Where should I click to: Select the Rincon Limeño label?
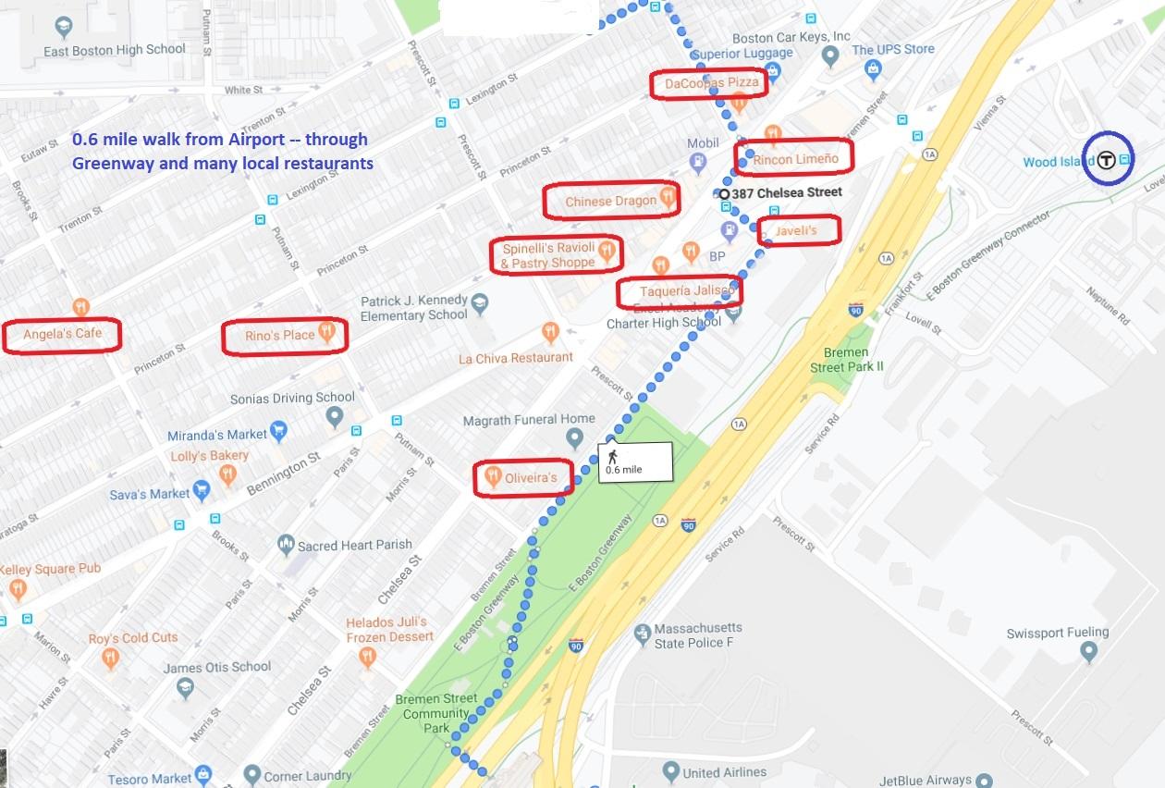(x=795, y=159)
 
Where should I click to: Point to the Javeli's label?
(x=798, y=229)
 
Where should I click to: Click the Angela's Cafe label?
(x=62, y=334)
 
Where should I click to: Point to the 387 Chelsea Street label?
(x=786, y=192)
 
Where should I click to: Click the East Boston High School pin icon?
(x=63, y=29)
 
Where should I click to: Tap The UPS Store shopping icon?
(x=872, y=68)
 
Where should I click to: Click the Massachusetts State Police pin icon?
(x=642, y=634)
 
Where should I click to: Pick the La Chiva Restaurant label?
(x=516, y=357)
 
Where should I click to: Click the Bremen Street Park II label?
(x=846, y=360)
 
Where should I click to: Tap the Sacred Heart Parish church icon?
(x=286, y=545)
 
